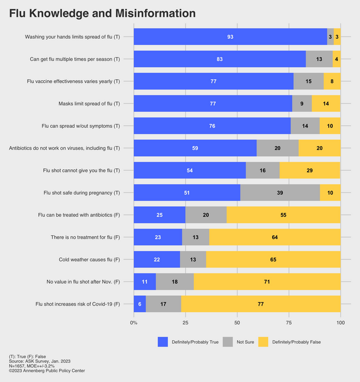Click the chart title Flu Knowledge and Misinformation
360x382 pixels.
coord(103,13)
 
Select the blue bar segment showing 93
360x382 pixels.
coord(230,37)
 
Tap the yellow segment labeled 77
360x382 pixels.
coord(261,303)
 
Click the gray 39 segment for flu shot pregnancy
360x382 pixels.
coord(280,193)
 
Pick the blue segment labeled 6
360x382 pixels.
coord(140,303)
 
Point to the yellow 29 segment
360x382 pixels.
coord(310,170)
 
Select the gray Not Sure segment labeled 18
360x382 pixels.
coord(175,282)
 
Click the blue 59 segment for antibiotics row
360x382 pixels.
coord(195,148)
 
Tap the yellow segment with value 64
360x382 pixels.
coord(275,237)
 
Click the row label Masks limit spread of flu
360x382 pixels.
coord(89,104)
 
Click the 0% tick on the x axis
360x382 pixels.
coord(134,323)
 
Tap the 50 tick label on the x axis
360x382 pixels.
coord(237,323)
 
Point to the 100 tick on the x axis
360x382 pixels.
coord(340,323)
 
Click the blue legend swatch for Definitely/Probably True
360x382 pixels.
coord(163,342)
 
